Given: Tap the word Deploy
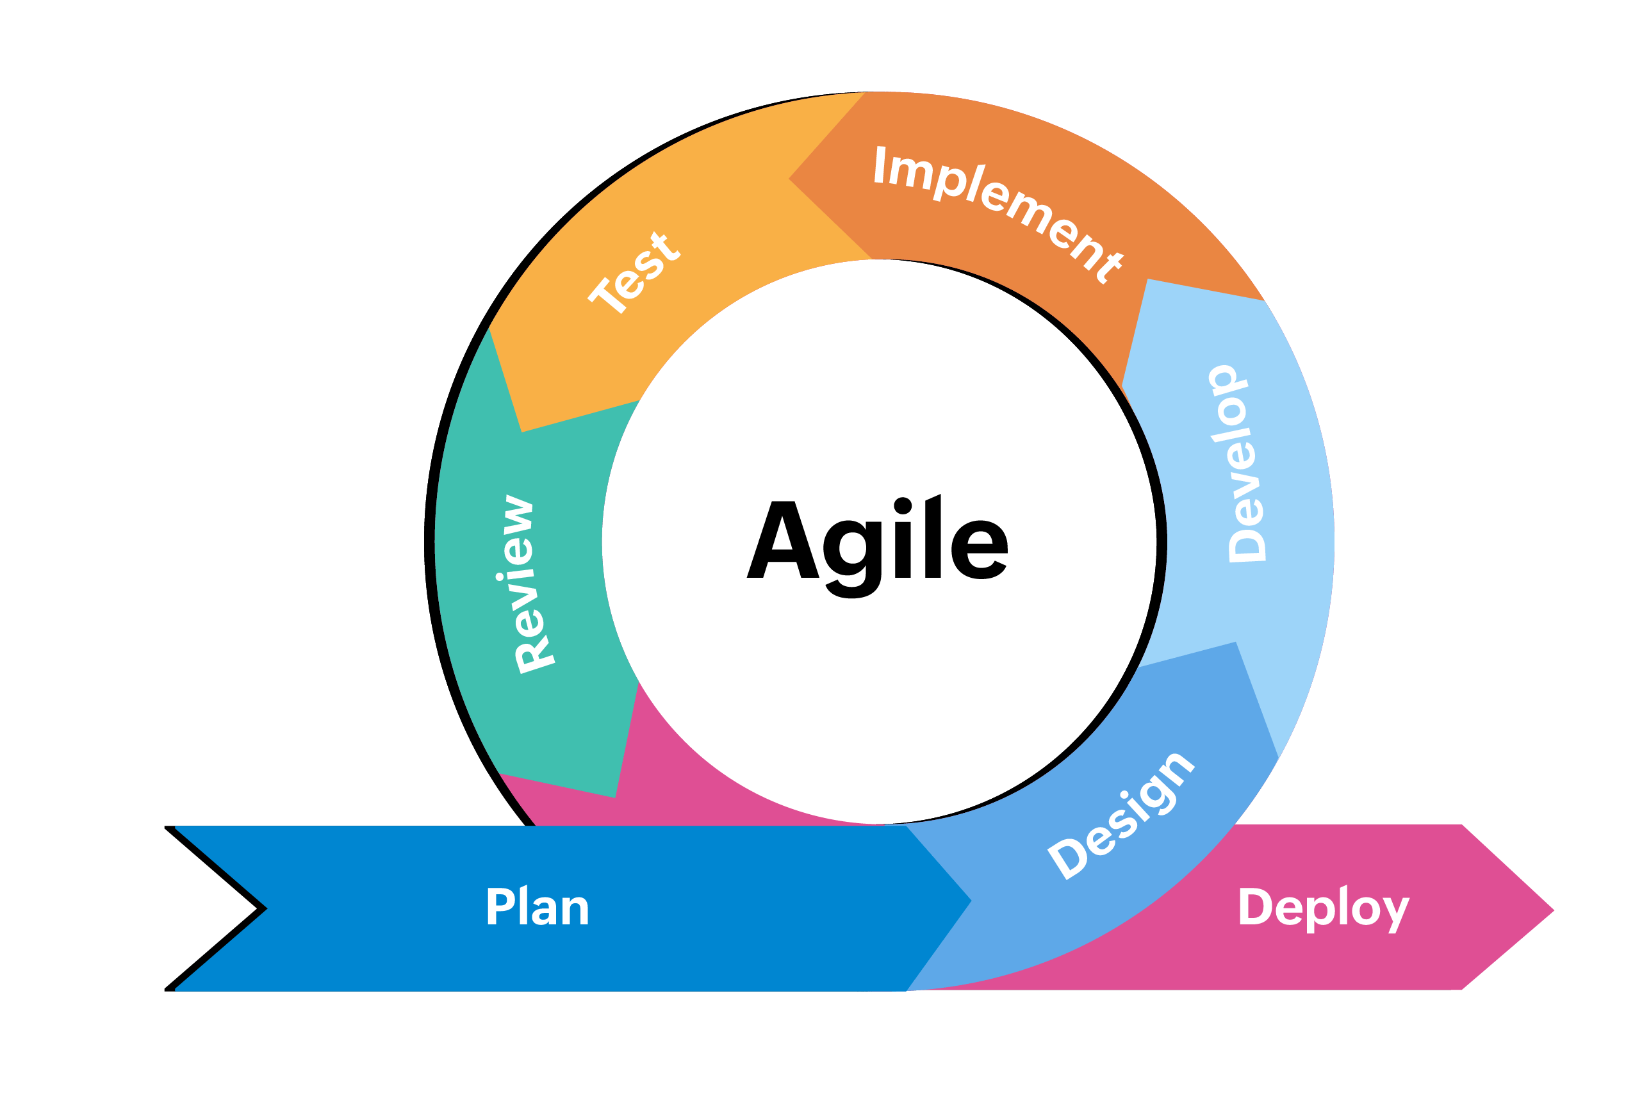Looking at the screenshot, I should (x=1324, y=908).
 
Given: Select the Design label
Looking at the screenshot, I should (x=1122, y=817).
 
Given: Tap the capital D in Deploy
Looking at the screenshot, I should (x=1255, y=906).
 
